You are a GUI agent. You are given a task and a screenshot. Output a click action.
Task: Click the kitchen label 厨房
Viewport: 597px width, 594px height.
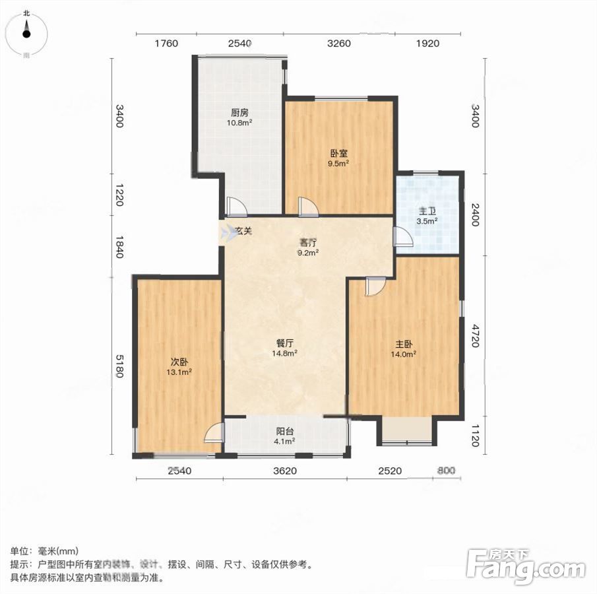[239, 113]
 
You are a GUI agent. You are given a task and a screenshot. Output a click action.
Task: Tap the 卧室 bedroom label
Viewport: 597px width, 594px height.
[338, 154]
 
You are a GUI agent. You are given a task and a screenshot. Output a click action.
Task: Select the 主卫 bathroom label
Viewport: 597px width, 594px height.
[427, 211]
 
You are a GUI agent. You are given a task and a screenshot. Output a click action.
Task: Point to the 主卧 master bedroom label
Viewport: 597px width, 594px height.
[404, 345]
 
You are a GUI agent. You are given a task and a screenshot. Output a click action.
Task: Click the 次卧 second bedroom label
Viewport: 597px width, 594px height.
[179, 362]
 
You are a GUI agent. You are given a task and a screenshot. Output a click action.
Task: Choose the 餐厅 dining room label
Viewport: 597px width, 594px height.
[285, 343]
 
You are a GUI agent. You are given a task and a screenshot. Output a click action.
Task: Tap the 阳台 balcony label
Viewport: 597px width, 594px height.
[285, 431]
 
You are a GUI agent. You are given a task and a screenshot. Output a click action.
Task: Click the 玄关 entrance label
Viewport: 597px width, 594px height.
[243, 230]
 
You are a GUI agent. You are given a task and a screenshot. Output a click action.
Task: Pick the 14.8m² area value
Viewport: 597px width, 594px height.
[284, 353]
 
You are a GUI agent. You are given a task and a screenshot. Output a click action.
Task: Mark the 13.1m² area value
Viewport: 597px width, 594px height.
[179, 372]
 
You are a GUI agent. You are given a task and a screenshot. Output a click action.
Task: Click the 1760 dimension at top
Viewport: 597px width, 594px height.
[166, 44]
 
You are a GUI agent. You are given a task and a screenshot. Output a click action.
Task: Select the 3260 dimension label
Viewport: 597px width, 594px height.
[339, 44]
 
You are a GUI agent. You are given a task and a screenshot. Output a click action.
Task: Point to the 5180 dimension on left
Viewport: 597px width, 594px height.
[119, 366]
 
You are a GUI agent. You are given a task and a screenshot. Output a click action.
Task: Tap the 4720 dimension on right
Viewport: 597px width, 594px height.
[475, 336]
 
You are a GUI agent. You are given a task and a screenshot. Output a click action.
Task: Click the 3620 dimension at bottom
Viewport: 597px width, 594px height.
[285, 471]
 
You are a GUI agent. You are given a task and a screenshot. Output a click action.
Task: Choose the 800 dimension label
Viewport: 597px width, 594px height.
[446, 471]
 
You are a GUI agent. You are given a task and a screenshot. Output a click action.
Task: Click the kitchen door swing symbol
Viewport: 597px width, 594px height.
[236, 207]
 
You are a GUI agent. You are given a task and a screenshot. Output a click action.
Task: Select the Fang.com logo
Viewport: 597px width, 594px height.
[526, 566]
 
